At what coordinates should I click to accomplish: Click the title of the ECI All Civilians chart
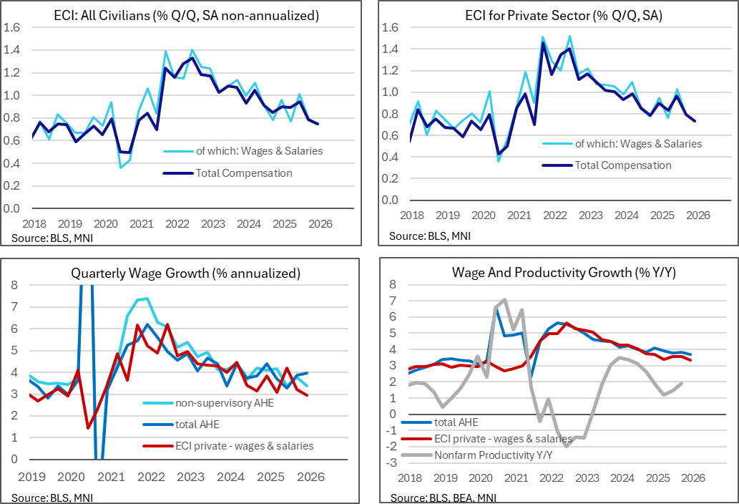coord(186,15)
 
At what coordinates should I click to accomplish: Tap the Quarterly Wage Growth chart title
coord(185,273)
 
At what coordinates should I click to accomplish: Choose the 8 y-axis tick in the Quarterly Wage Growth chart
coord(13,286)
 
